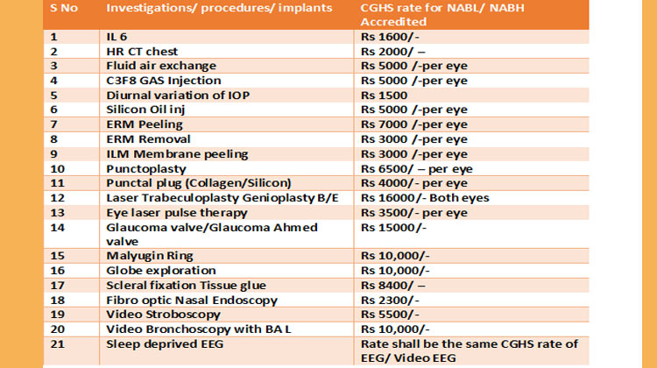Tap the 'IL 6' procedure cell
pos(116,37)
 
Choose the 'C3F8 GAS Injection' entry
pos(162,81)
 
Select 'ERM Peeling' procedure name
pos(145,124)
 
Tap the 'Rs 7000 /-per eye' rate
pos(414,124)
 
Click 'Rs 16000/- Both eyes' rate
pos(427,198)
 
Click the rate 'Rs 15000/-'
pos(390,227)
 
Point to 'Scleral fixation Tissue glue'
pos(186,285)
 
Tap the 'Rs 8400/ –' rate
pos(388,285)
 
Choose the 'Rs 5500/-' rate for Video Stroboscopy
pos(386,314)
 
